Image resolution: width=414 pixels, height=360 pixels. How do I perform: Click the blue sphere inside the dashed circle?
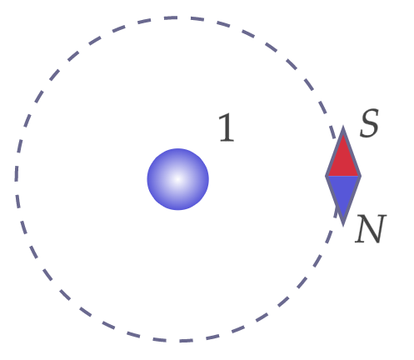click(177, 179)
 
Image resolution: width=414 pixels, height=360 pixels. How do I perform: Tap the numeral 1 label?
click(227, 127)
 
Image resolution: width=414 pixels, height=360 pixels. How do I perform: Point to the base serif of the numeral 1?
click(227, 141)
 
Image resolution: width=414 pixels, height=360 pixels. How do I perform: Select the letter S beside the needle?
click(369, 122)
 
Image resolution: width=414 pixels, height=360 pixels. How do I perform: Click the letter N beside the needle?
click(371, 229)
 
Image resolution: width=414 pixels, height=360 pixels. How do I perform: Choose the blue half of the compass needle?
click(343, 194)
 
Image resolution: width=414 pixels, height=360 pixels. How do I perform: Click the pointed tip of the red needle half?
click(343, 127)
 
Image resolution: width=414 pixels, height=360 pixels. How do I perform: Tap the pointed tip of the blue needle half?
click(343, 226)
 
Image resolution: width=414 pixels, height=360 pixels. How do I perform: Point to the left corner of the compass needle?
click(326, 176)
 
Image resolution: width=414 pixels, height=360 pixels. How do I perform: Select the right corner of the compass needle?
click(361, 176)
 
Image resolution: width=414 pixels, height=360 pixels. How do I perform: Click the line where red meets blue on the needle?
click(343, 176)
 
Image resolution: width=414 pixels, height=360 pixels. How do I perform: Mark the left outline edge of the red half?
click(334, 152)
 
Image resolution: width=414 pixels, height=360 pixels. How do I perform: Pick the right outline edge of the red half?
click(352, 152)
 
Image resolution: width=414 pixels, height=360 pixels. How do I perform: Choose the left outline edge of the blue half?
click(334, 201)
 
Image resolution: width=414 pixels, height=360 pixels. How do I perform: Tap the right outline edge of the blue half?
click(352, 201)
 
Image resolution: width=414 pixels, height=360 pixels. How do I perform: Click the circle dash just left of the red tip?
click(332, 132)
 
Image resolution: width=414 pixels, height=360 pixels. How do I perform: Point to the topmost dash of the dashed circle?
click(171, 18)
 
